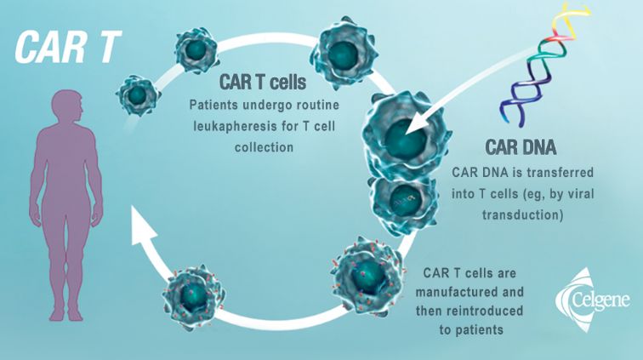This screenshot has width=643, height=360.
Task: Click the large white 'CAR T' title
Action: (x=68, y=47)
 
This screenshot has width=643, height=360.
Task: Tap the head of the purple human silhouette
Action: (x=69, y=107)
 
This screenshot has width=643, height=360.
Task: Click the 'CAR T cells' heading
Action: (x=263, y=82)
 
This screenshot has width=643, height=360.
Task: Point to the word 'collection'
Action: (x=264, y=147)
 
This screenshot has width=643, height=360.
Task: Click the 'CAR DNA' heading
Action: (x=521, y=147)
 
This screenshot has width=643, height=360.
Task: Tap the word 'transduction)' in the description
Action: (x=522, y=214)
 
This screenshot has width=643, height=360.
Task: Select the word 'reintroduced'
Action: (x=484, y=311)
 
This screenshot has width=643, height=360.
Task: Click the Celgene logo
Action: (x=593, y=300)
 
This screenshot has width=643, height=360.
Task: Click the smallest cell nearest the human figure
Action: (x=138, y=95)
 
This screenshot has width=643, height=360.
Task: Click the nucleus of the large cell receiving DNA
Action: (x=404, y=140)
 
